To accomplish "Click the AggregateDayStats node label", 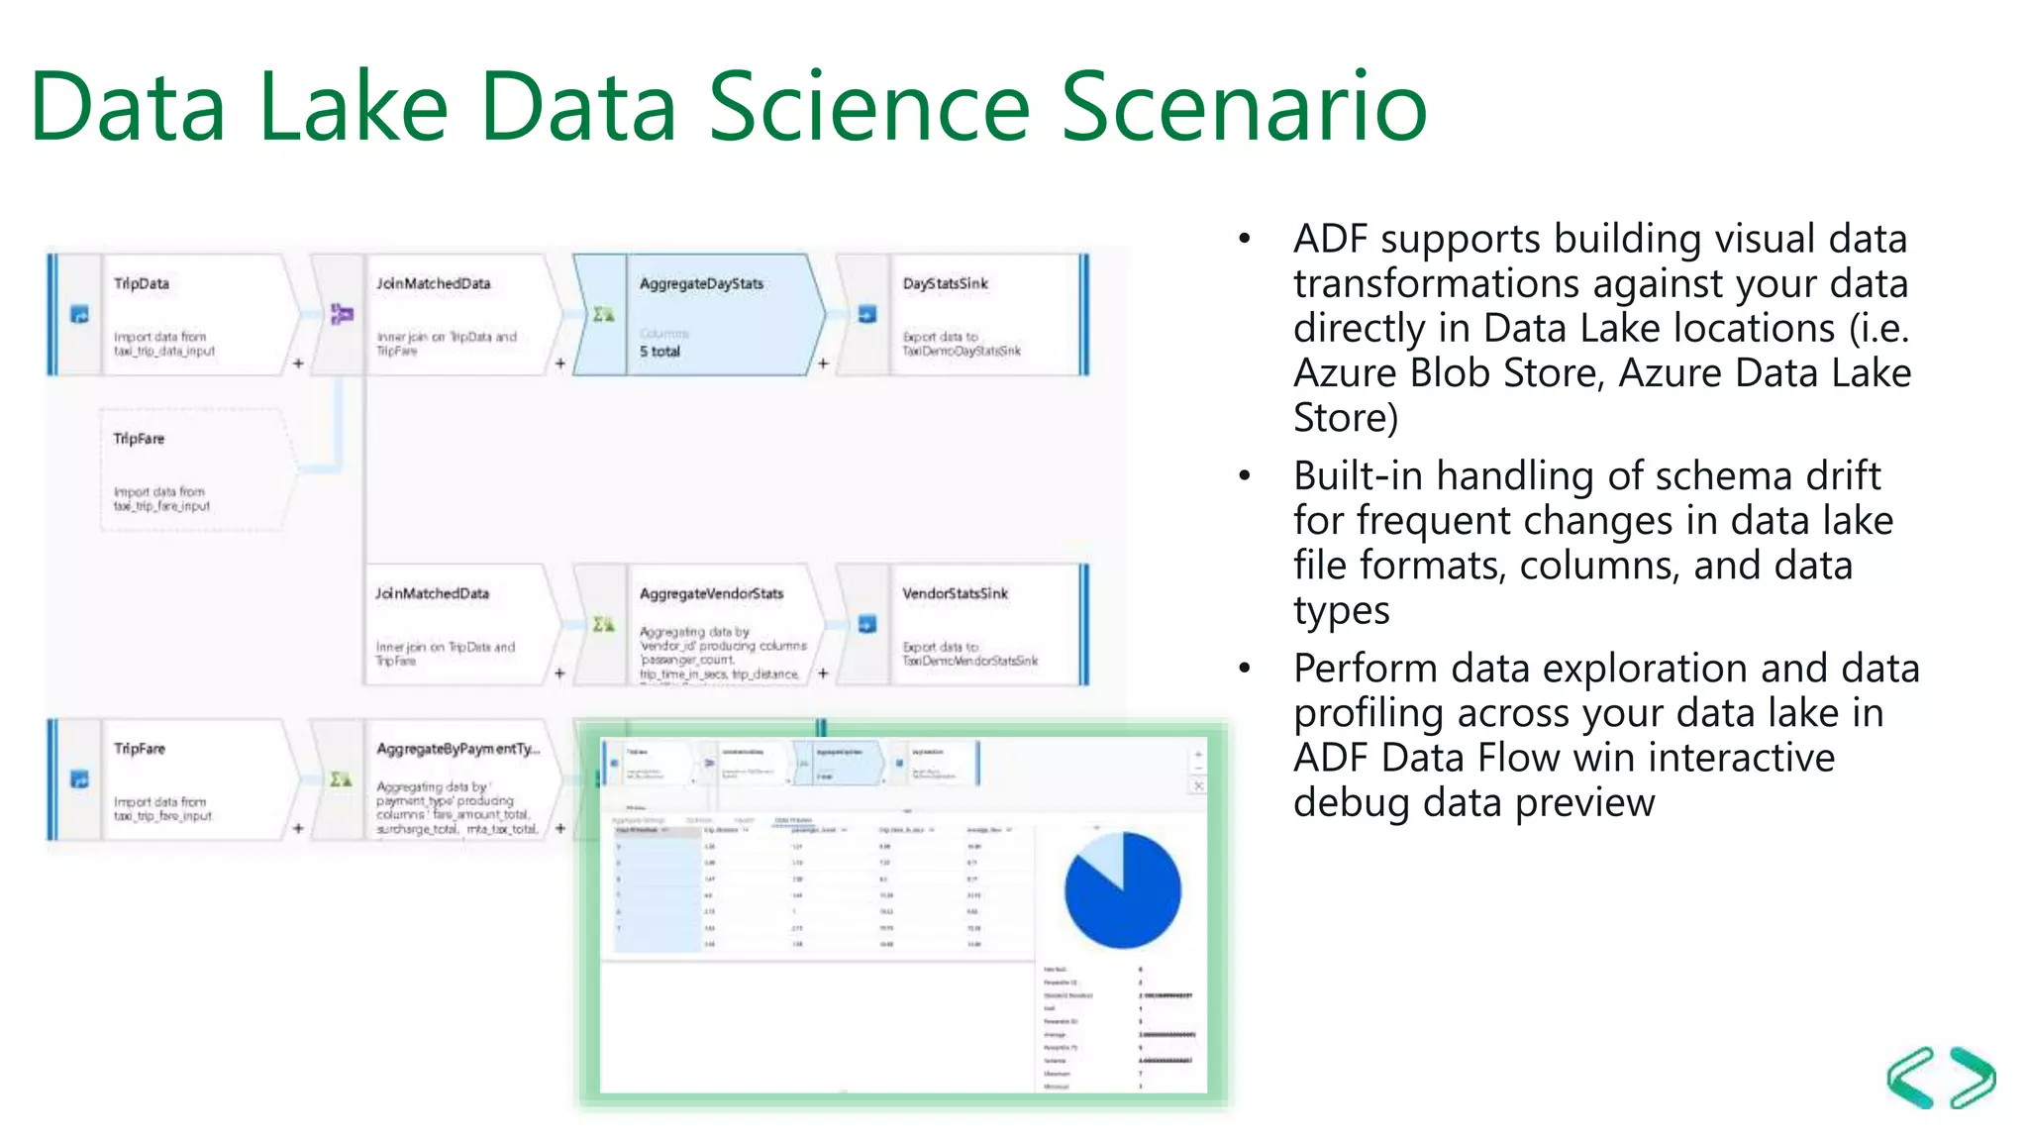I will (701, 284).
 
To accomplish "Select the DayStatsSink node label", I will (945, 284).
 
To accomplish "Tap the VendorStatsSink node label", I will (955, 594).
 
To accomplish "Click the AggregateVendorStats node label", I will (711, 594).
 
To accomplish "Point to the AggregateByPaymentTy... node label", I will (457, 749).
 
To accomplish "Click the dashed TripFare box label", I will (139, 439).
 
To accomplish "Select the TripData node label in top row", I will (141, 284).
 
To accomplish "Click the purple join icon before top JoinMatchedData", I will (341, 315).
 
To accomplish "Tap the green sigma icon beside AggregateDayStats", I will (603, 315).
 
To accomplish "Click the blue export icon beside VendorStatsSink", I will (866, 625).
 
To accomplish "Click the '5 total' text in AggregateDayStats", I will (659, 352).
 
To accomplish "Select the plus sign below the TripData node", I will (298, 363).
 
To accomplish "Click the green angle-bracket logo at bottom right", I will (1941, 1078).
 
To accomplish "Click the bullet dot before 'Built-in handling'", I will (1245, 476).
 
